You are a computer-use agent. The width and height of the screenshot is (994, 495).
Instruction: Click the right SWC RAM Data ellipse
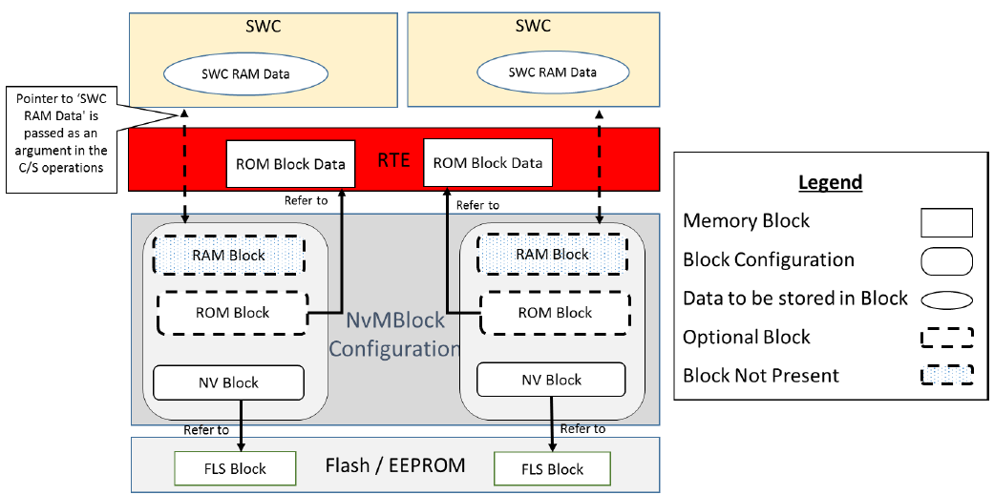pyautogui.click(x=552, y=72)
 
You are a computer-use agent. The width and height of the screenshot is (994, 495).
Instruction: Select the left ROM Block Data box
pyautogui.click(x=290, y=164)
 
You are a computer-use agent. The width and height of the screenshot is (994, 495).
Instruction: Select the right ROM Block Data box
pyautogui.click(x=487, y=162)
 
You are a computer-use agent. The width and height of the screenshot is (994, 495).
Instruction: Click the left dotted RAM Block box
pyautogui.click(x=228, y=255)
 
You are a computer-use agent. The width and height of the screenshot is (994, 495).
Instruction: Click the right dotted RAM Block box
pyautogui.click(x=552, y=254)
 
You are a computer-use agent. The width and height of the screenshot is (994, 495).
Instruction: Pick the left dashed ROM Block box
pyautogui.click(x=231, y=312)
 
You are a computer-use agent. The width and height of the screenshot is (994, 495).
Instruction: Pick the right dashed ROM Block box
pyautogui.click(x=554, y=312)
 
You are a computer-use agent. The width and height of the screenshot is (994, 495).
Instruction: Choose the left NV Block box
pyautogui.click(x=228, y=382)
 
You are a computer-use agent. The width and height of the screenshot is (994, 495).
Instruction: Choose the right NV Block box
pyautogui.click(x=552, y=380)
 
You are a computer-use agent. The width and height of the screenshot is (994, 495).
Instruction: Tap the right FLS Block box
pyautogui.click(x=552, y=468)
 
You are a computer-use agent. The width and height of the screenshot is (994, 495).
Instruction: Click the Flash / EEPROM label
pyautogui.click(x=395, y=465)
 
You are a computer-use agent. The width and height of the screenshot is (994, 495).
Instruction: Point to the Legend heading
pyautogui.click(x=830, y=181)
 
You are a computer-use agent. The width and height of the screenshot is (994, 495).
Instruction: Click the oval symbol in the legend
pyautogui.click(x=947, y=299)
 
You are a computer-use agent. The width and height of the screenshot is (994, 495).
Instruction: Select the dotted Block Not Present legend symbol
pyautogui.click(x=947, y=375)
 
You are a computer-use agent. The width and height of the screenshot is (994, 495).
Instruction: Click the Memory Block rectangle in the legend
pyautogui.click(x=947, y=222)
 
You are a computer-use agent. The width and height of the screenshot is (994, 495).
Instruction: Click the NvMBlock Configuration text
pyautogui.click(x=393, y=336)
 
